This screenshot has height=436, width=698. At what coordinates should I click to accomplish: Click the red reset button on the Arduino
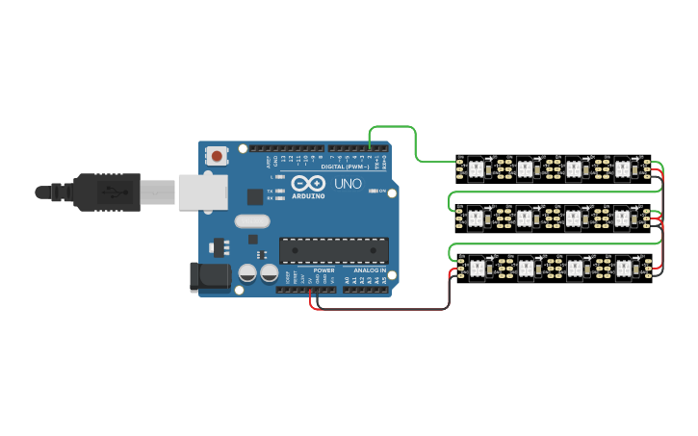[x=218, y=156]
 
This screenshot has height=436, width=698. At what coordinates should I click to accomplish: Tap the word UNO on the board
[x=347, y=183]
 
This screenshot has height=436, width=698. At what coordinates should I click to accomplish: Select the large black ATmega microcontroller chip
[x=334, y=250]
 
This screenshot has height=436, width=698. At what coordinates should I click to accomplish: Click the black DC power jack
[x=210, y=276]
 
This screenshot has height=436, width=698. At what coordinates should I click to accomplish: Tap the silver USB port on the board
[x=198, y=192]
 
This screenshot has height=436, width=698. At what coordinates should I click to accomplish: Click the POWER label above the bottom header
[x=323, y=270]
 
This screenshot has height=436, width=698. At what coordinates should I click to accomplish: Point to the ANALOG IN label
[x=369, y=270]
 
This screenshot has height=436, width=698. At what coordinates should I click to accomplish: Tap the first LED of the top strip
[x=475, y=169]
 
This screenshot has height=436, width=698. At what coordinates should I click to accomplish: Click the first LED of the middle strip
[x=475, y=218]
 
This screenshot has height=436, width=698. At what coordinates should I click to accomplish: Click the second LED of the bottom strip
[x=525, y=267]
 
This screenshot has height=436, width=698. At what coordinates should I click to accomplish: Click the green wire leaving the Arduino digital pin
[x=395, y=126]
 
